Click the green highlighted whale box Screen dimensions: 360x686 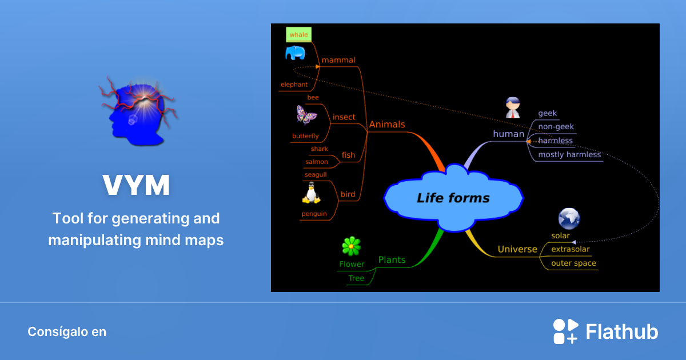(x=298, y=35)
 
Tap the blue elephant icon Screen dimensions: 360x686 (x=295, y=54)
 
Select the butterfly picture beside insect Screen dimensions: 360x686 (x=306, y=115)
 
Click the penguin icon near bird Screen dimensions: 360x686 (x=311, y=193)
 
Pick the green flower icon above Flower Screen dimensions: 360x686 (x=351, y=246)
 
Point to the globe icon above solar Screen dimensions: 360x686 (x=569, y=218)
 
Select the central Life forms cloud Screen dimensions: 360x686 (x=453, y=198)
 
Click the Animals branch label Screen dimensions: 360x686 (x=387, y=124)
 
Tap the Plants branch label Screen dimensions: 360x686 (x=392, y=260)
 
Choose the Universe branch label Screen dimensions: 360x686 (x=517, y=249)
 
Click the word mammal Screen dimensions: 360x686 (x=338, y=60)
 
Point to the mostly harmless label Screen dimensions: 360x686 (x=569, y=154)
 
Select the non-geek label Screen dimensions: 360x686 (x=556, y=127)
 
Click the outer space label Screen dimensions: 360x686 (x=573, y=263)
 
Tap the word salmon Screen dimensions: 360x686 (x=317, y=162)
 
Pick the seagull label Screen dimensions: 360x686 (x=316, y=175)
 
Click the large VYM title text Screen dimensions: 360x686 (x=136, y=185)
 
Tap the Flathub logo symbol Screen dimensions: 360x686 (x=565, y=331)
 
